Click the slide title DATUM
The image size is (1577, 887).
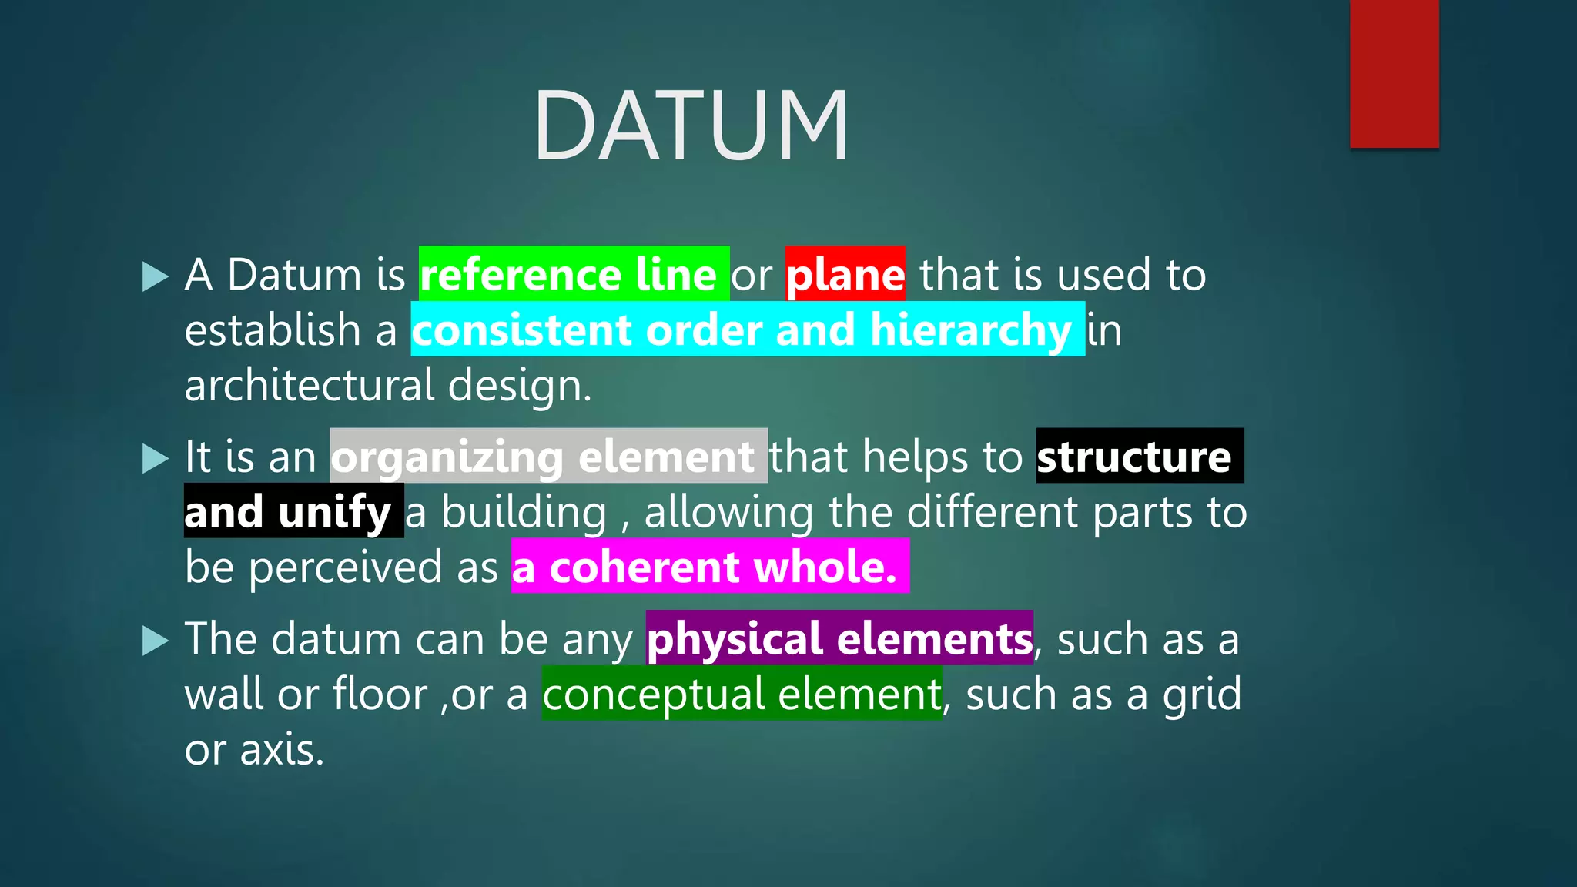(x=691, y=126)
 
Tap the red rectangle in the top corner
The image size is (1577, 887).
(x=1394, y=73)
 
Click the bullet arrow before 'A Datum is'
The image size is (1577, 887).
(x=155, y=276)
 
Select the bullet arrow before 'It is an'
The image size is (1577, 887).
(x=155, y=459)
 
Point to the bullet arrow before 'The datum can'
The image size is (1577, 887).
(x=155, y=641)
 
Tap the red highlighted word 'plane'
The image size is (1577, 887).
(x=845, y=275)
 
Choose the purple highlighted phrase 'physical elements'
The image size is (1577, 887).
(x=839, y=639)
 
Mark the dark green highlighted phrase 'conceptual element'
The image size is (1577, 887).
(x=742, y=695)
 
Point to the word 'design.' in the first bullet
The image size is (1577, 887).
(x=520, y=385)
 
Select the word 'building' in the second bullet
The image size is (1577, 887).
(x=524, y=512)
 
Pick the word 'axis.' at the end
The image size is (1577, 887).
(x=282, y=749)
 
